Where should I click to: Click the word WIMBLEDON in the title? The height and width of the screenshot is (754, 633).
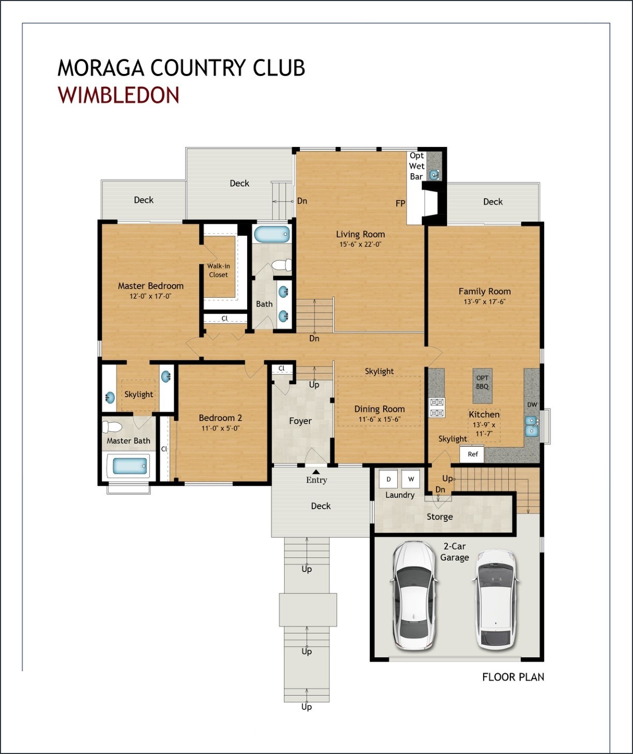118,96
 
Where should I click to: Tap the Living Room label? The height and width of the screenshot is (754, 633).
360,234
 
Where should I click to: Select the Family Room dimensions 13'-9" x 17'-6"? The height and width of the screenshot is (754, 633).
484,302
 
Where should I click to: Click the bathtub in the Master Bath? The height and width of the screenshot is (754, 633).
127,466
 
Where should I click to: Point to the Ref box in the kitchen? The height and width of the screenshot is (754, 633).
473,454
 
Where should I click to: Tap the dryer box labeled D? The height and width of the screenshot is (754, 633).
388,479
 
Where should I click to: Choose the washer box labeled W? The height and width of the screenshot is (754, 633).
411,479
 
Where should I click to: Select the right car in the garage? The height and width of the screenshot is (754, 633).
495,599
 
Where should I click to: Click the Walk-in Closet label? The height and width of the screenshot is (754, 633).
218,270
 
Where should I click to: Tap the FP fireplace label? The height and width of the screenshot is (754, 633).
400,204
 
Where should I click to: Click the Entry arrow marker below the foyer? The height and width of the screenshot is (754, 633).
315,471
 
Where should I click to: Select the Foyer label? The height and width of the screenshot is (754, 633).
300,421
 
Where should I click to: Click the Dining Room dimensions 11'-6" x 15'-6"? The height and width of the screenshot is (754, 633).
379,419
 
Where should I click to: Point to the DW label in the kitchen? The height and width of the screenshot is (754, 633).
532,405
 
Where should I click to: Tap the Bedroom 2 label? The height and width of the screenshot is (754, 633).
220,418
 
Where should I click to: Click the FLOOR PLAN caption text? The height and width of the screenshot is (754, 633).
513,677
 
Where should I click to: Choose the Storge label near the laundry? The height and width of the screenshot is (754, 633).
440,517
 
